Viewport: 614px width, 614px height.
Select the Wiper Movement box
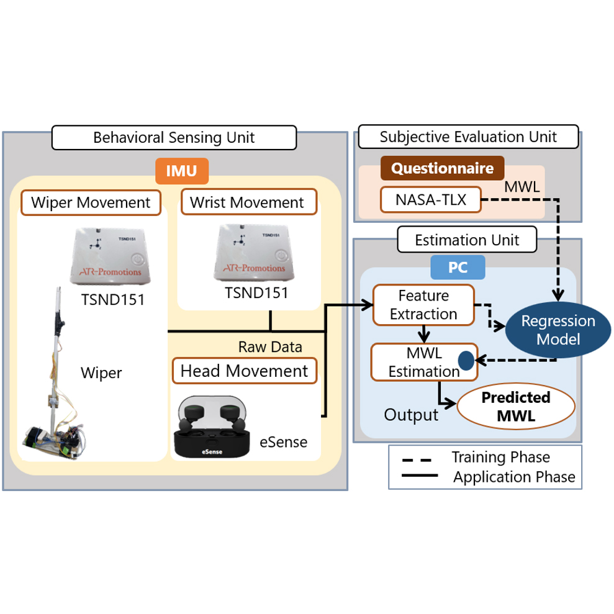click(x=91, y=202)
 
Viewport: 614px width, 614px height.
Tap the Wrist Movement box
click(x=247, y=202)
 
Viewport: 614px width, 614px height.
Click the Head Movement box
click(x=244, y=371)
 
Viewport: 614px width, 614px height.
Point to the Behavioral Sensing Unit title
click(x=174, y=137)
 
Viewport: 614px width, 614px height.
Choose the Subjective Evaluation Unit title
click(x=468, y=137)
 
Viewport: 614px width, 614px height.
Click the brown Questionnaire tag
click(x=442, y=168)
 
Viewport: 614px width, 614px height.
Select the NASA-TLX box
click(x=430, y=199)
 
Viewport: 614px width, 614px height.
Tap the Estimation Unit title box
click(x=467, y=239)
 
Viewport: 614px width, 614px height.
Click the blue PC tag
click(x=458, y=267)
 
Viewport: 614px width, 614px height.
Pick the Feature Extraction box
click(x=423, y=305)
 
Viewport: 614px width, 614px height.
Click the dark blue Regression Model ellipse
click(x=549, y=330)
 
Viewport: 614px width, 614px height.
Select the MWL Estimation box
click(x=423, y=363)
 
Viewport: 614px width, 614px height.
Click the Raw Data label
click(x=270, y=346)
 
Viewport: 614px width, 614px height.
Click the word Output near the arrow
click(x=411, y=415)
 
